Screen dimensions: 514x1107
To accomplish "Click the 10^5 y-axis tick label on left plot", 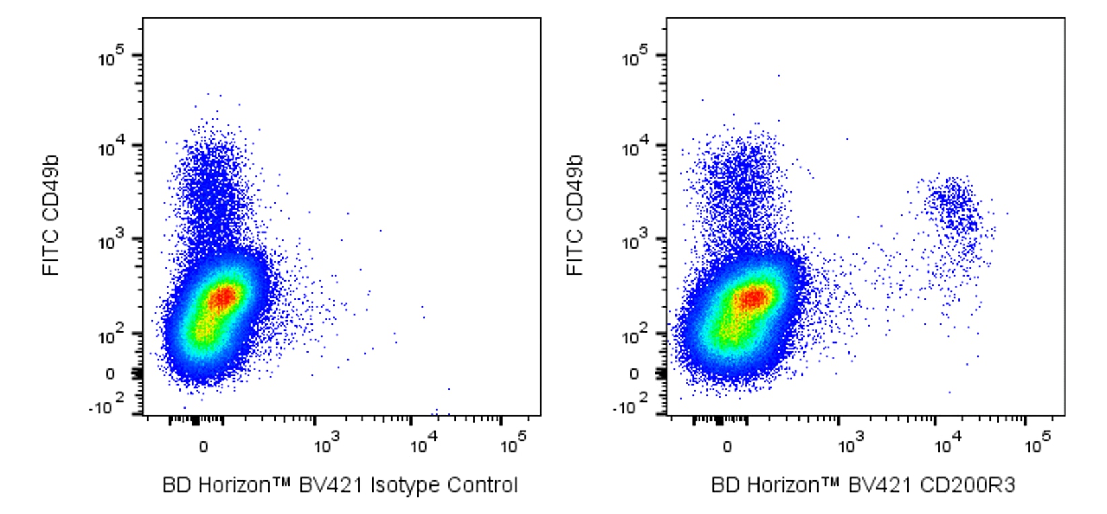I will tap(111, 58).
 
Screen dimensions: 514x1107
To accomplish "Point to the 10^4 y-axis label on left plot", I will tap(111, 148).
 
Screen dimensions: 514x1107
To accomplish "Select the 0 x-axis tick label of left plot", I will tap(203, 447).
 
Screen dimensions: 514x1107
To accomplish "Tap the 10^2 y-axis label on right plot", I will tap(634, 334).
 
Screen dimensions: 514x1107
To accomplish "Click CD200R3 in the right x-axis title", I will tap(973, 485).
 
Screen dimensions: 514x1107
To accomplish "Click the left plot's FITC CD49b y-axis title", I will tap(52, 215).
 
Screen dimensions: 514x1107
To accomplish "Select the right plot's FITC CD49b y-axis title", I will tap(575, 215).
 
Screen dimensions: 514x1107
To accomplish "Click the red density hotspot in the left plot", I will tap(223, 296).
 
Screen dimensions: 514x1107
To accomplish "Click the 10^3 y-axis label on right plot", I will tap(634, 241).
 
